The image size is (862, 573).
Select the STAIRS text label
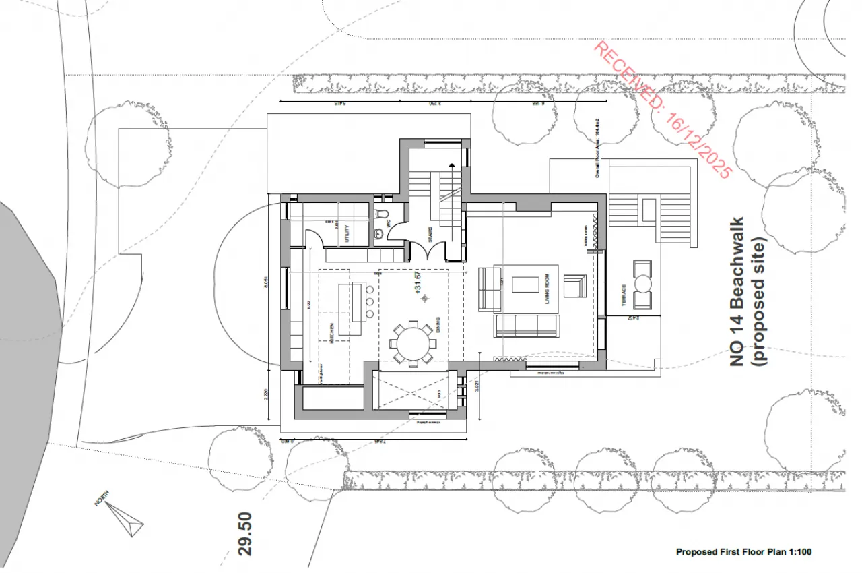(430, 234)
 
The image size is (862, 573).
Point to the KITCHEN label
(331, 333)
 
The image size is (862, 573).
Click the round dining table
(413, 344)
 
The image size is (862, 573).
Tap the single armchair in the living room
(574, 285)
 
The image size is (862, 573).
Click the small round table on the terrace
(643, 284)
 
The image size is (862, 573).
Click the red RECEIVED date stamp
(661, 110)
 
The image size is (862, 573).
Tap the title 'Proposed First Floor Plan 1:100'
(743, 552)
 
